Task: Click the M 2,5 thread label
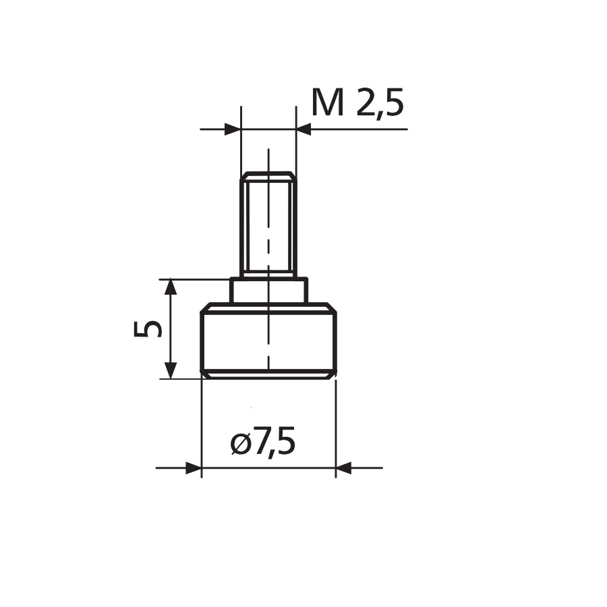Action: tap(357, 103)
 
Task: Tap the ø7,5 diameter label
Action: tap(263, 440)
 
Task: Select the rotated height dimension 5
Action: tap(148, 329)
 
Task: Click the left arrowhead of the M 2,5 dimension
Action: tap(233, 129)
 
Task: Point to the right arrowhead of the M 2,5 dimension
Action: tap(303, 129)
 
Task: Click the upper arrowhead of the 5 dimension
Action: tap(171, 287)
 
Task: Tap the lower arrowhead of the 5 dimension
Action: tap(171, 370)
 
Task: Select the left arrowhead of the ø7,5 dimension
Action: tap(194, 468)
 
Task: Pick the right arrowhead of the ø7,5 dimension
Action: tap(343, 468)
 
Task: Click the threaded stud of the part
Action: tap(268, 225)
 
